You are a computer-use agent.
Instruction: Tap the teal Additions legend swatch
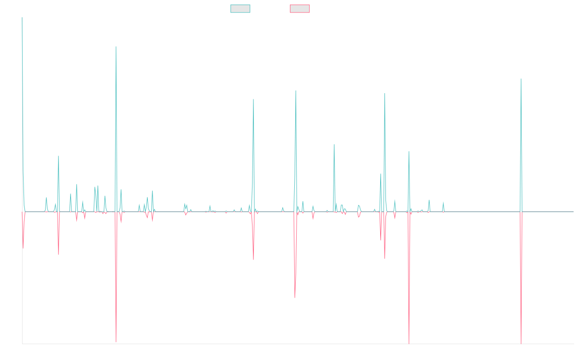coord(240,9)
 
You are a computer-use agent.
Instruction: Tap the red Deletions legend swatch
coord(300,9)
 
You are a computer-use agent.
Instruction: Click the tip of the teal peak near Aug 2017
coord(116,47)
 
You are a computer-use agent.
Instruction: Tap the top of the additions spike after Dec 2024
coord(521,79)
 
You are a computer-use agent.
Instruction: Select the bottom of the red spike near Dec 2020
coord(295,298)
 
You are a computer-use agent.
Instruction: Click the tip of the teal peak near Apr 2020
coord(253,99)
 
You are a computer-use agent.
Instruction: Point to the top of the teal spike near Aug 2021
coord(334,144)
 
